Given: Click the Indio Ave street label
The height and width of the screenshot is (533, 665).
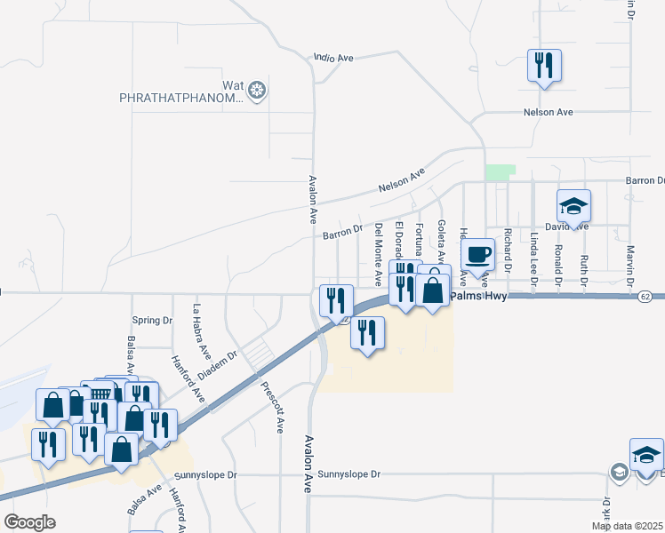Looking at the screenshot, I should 333,58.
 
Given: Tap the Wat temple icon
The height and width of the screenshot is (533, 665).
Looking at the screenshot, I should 258,90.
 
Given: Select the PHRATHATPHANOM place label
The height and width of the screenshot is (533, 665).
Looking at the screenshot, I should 180,99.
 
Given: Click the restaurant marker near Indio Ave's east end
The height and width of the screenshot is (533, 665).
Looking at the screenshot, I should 544,66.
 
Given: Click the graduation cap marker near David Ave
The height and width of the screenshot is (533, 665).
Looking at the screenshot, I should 573,207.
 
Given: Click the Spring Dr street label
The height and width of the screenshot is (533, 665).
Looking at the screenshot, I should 151,321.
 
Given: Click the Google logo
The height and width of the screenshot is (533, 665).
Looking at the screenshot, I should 29,522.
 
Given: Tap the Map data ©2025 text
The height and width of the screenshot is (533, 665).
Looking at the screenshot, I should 627,526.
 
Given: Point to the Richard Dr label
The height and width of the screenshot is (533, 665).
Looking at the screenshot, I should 507,251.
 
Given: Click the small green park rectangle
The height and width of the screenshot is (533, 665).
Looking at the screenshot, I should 500,172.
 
